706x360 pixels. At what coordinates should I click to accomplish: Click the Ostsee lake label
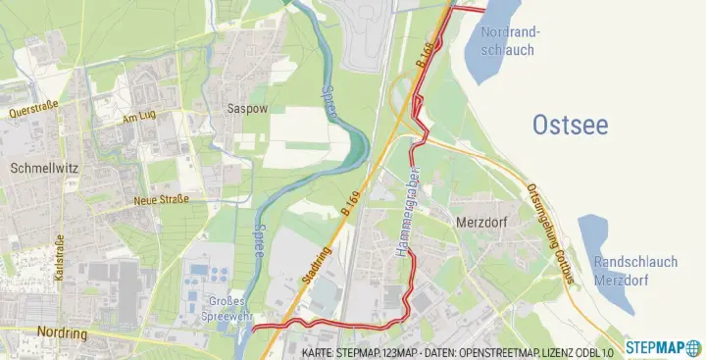[570, 125]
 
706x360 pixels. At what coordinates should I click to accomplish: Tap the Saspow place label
[246, 108]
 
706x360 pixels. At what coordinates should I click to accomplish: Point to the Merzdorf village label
[480, 222]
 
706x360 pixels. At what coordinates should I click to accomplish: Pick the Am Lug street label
[138, 116]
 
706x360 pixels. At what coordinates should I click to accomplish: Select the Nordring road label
[62, 333]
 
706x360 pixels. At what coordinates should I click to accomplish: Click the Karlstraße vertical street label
[61, 259]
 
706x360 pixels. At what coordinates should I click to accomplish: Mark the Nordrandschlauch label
[508, 40]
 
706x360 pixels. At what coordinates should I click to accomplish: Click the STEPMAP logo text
[656, 347]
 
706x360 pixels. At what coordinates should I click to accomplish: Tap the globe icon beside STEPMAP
[694, 347]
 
